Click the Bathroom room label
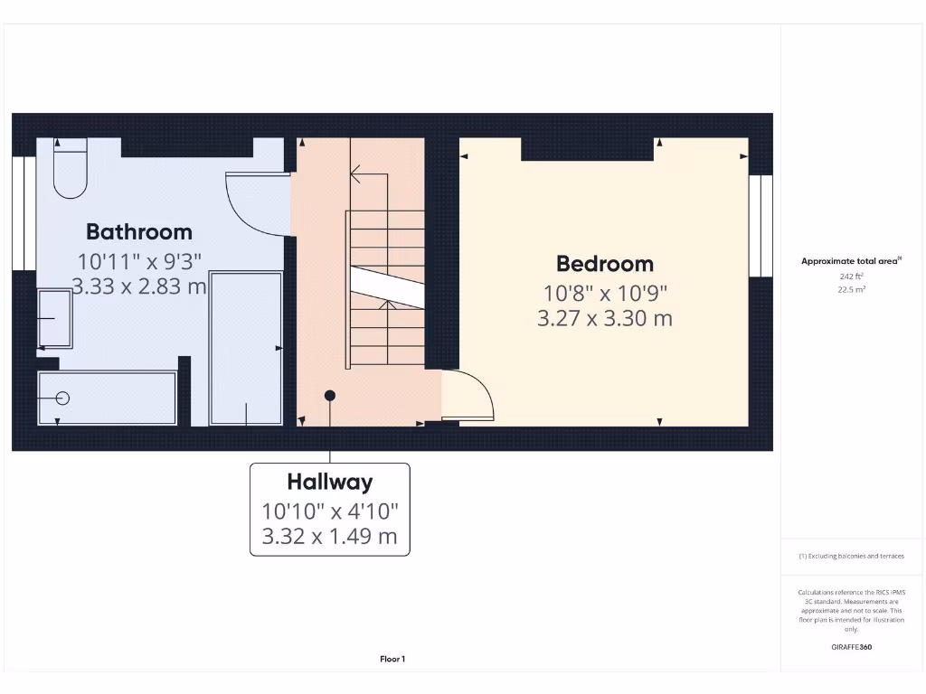click(x=138, y=232)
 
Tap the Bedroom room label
click(x=604, y=264)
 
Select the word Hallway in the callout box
click(x=329, y=482)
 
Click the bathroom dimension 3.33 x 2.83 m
click(x=138, y=287)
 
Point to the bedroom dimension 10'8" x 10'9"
click(x=604, y=293)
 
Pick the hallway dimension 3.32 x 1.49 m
click(x=329, y=536)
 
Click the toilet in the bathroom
click(x=70, y=168)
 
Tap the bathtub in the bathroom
click(x=107, y=398)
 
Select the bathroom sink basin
click(x=55, y=319)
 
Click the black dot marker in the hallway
click(x=330, y=396)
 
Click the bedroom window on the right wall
click(x=761, y=224)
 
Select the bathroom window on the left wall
click(x=24, y=213)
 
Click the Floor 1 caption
click(x=392, y=660)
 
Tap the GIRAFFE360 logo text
click(x=851, y=647)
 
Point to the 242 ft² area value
click(x=851, y=277)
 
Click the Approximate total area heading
click(x=851, y=261)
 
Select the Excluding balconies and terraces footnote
click(x=851, y=557)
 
